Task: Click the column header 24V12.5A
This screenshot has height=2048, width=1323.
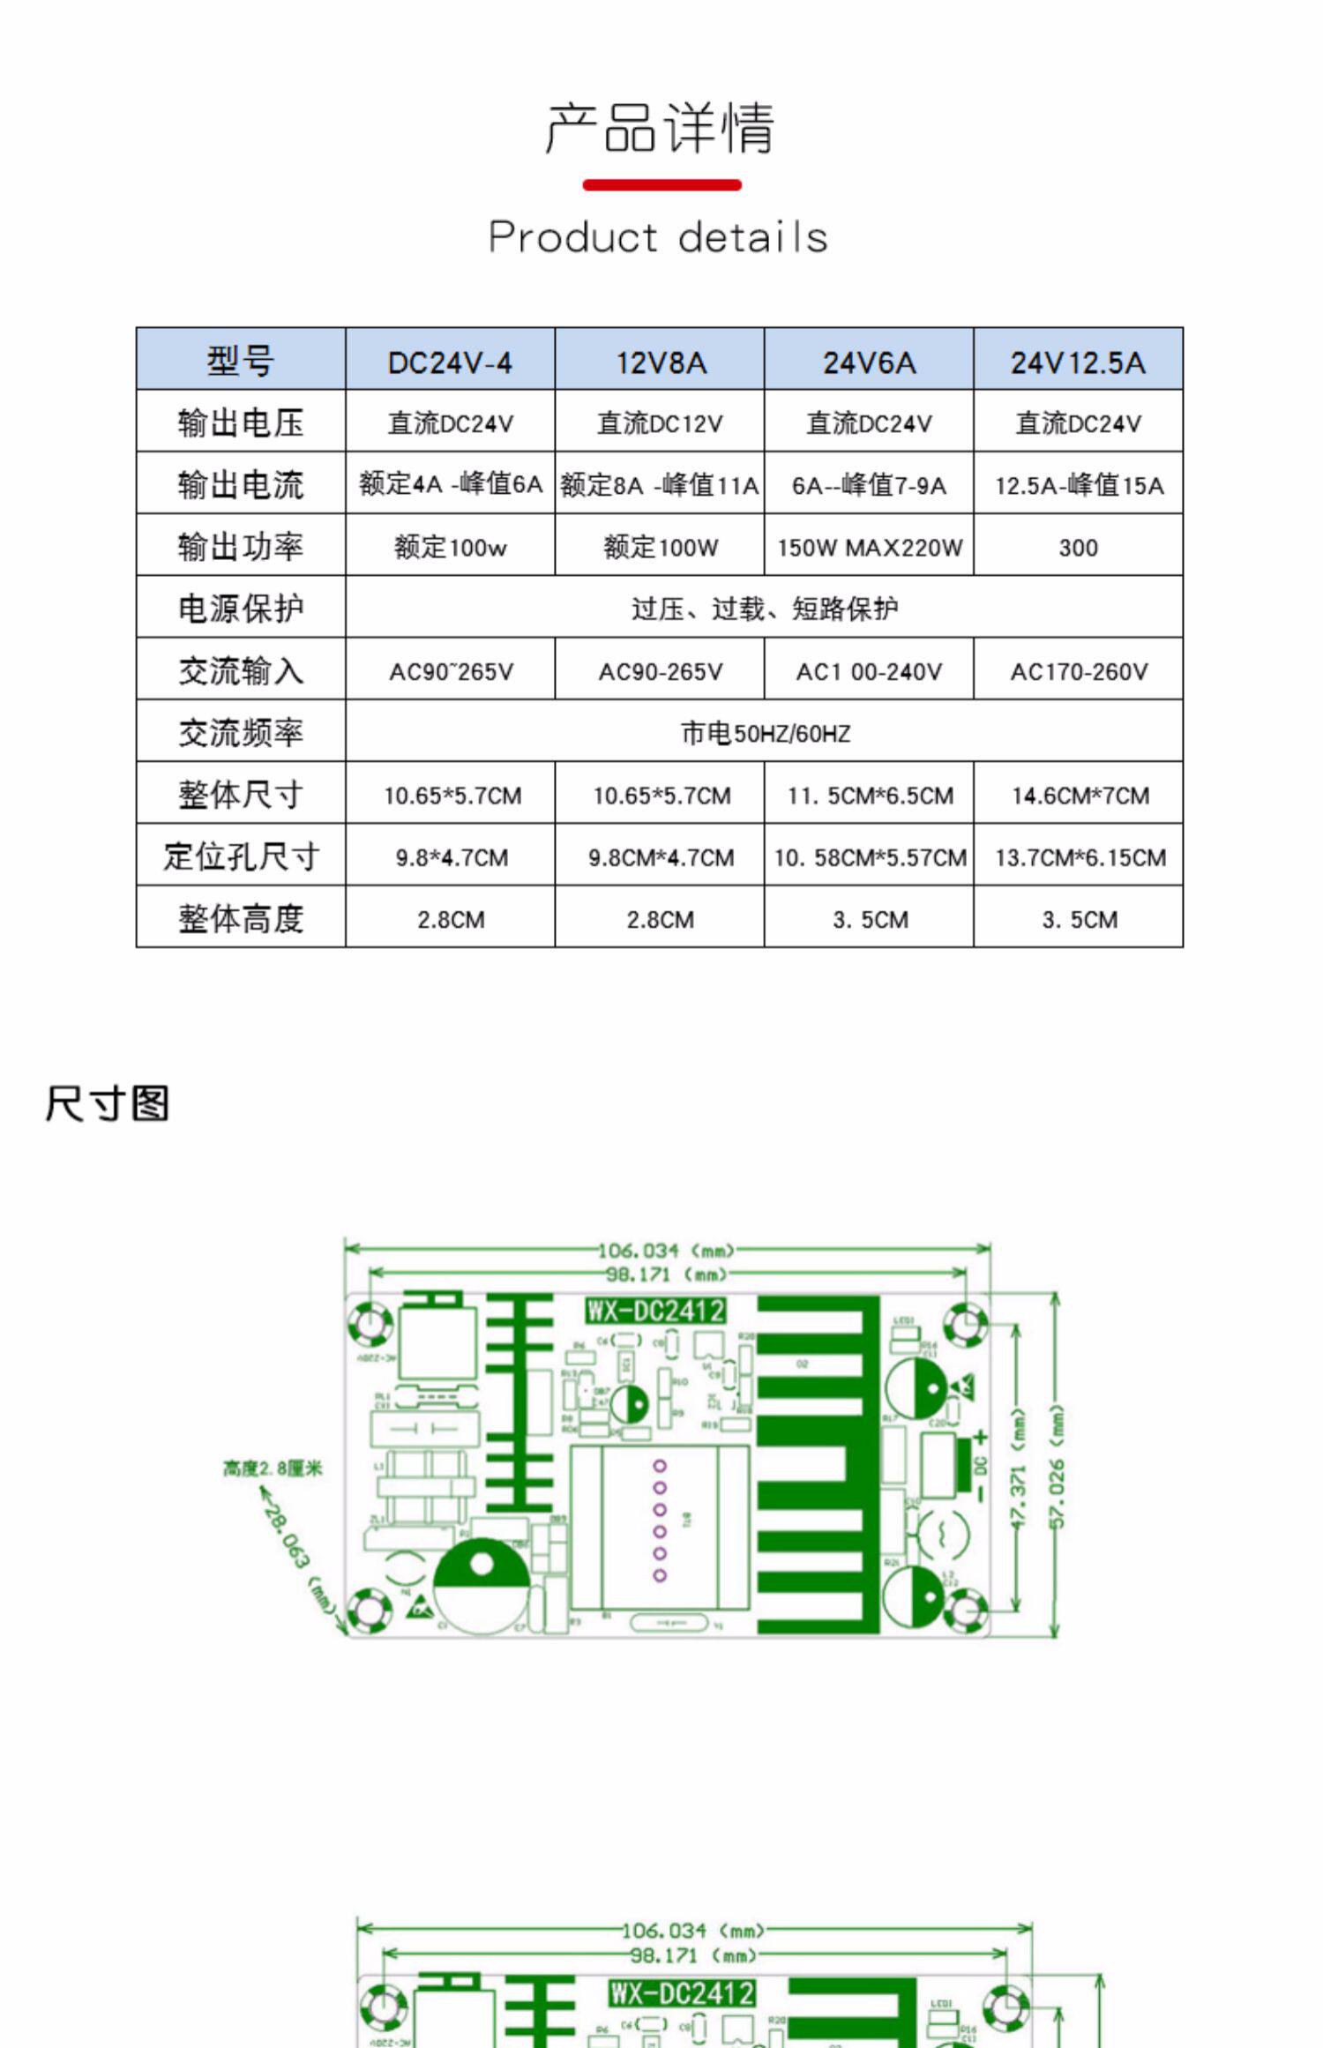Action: coord(1078,363)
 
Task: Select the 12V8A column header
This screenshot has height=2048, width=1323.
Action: coord(661,363)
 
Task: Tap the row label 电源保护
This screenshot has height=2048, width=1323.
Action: coord(241,609)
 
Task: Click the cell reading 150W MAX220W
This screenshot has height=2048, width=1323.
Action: coord(870,548)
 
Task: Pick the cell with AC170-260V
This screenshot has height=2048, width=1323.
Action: coord(1079,672)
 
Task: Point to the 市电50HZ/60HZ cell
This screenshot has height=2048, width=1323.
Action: coord(765,733)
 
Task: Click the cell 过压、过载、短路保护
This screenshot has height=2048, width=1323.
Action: coord(765,609)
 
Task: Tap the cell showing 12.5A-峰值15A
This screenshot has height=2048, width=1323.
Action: coord(1079,485)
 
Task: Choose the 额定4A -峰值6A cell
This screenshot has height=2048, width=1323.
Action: coord(450,484)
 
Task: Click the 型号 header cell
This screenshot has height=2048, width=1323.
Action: coord(241,361)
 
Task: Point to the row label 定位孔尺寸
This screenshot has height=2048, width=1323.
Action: coord(241,856)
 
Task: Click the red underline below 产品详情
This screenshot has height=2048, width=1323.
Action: coord(661,185)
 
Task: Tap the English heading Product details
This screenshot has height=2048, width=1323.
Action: coord(658,237)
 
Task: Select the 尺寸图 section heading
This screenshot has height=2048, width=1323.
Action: coord(107,1103)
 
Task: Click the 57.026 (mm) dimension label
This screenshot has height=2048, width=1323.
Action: coord(1058,1466)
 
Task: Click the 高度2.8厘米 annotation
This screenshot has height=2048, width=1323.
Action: coord(273,1468)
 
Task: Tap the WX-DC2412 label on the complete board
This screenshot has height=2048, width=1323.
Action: coord(655,1311)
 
